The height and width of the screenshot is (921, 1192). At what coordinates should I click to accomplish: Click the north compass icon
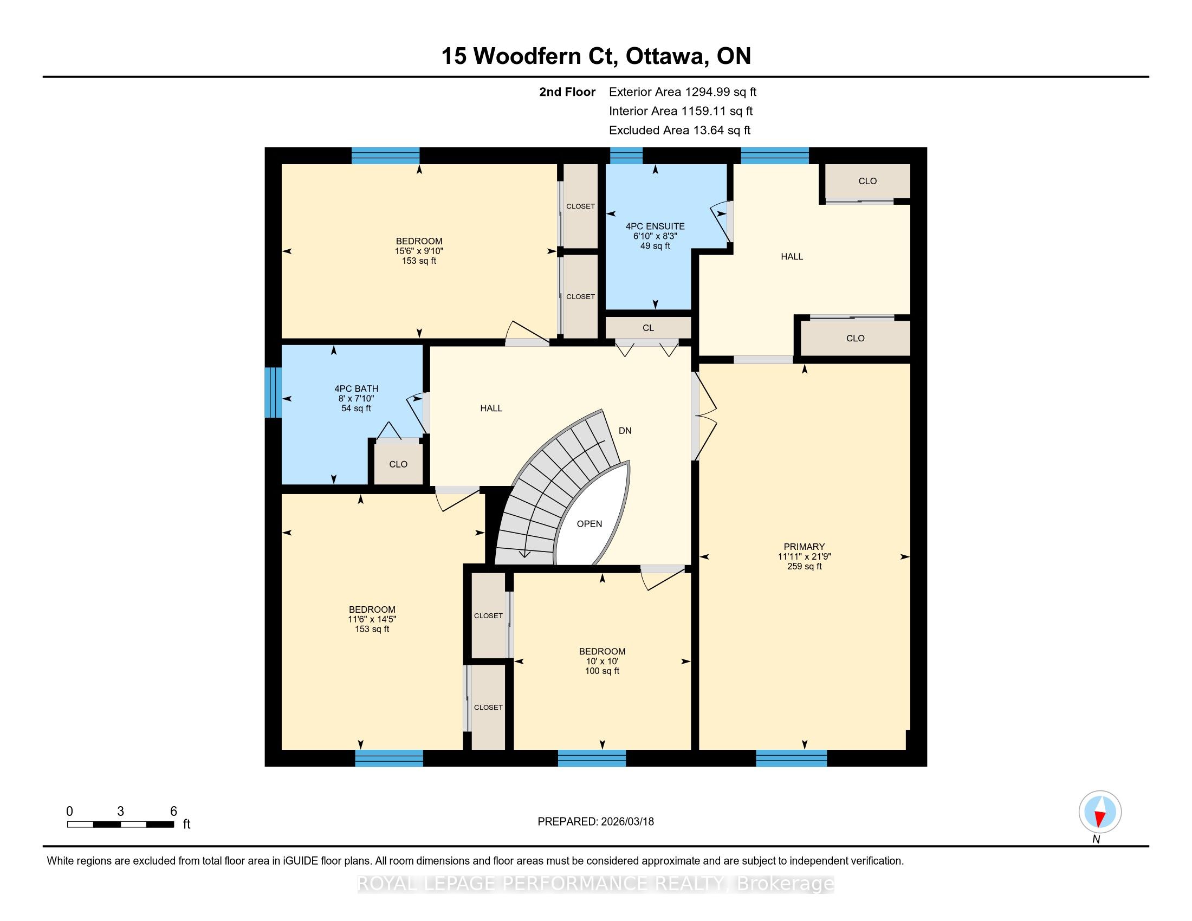pos(1100,812)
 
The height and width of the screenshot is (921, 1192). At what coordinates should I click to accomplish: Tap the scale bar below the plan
pos(121,825)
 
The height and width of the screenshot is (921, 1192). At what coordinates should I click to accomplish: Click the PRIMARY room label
pos(804,547)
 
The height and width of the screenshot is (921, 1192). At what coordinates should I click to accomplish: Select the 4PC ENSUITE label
pos(655,226)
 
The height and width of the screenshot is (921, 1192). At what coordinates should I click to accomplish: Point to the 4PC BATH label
pos(357,389)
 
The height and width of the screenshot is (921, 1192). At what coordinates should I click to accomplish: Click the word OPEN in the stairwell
pos(589,524)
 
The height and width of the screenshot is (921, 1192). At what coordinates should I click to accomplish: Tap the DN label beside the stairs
pos(625,431)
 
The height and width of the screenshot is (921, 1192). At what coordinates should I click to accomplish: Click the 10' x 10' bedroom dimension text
pos(602,661)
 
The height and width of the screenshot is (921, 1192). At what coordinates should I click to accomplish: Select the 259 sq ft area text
pos(804,566)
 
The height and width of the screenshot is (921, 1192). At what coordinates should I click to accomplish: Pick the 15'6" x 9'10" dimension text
pos(419,251)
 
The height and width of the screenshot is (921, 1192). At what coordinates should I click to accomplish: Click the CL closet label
pos(648,328)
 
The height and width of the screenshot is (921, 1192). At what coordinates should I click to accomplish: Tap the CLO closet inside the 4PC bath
pos(398,464)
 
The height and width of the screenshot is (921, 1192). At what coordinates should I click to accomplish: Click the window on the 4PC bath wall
pos(273,392)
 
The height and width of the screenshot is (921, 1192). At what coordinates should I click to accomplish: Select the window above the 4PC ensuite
pos(626,155)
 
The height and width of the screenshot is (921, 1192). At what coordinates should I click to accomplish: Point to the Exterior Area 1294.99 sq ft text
pos(683,92)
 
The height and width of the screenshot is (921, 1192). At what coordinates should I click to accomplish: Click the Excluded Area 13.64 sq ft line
pos(680,131)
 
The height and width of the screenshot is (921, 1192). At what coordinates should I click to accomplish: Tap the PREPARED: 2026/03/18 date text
pos(595,822)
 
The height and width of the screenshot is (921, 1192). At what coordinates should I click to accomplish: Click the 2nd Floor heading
pos(567,92)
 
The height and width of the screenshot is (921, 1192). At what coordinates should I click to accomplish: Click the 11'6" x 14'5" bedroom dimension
pos(372,619)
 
